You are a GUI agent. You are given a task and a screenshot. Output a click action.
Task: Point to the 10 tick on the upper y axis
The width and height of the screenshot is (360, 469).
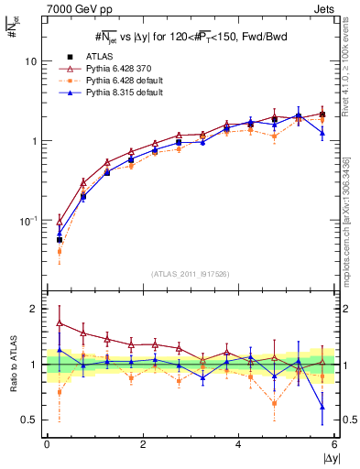tap(30, 61)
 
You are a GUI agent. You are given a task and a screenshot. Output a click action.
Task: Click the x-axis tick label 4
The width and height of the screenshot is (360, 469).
tap(239, 444)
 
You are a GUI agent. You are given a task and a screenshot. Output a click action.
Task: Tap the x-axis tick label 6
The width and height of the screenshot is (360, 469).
tap(335, 444)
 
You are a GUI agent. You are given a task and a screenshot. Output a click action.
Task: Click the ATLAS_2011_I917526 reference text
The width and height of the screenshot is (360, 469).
tap(191, 274)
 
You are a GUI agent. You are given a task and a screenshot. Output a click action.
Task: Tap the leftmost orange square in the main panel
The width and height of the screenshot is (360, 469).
tap(60, 250)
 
